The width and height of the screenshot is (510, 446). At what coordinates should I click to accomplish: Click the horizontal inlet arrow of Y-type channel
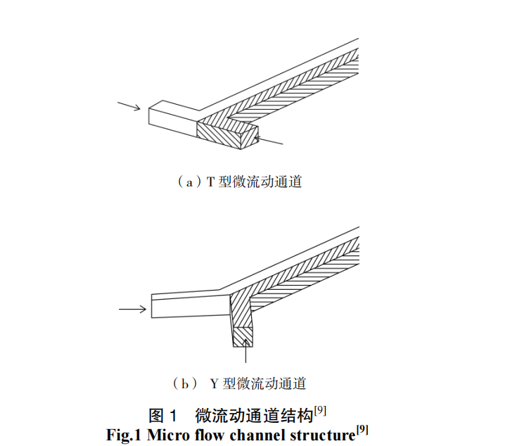132,308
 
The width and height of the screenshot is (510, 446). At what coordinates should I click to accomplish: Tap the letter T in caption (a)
210,182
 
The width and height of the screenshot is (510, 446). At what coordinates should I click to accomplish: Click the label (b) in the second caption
184,383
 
